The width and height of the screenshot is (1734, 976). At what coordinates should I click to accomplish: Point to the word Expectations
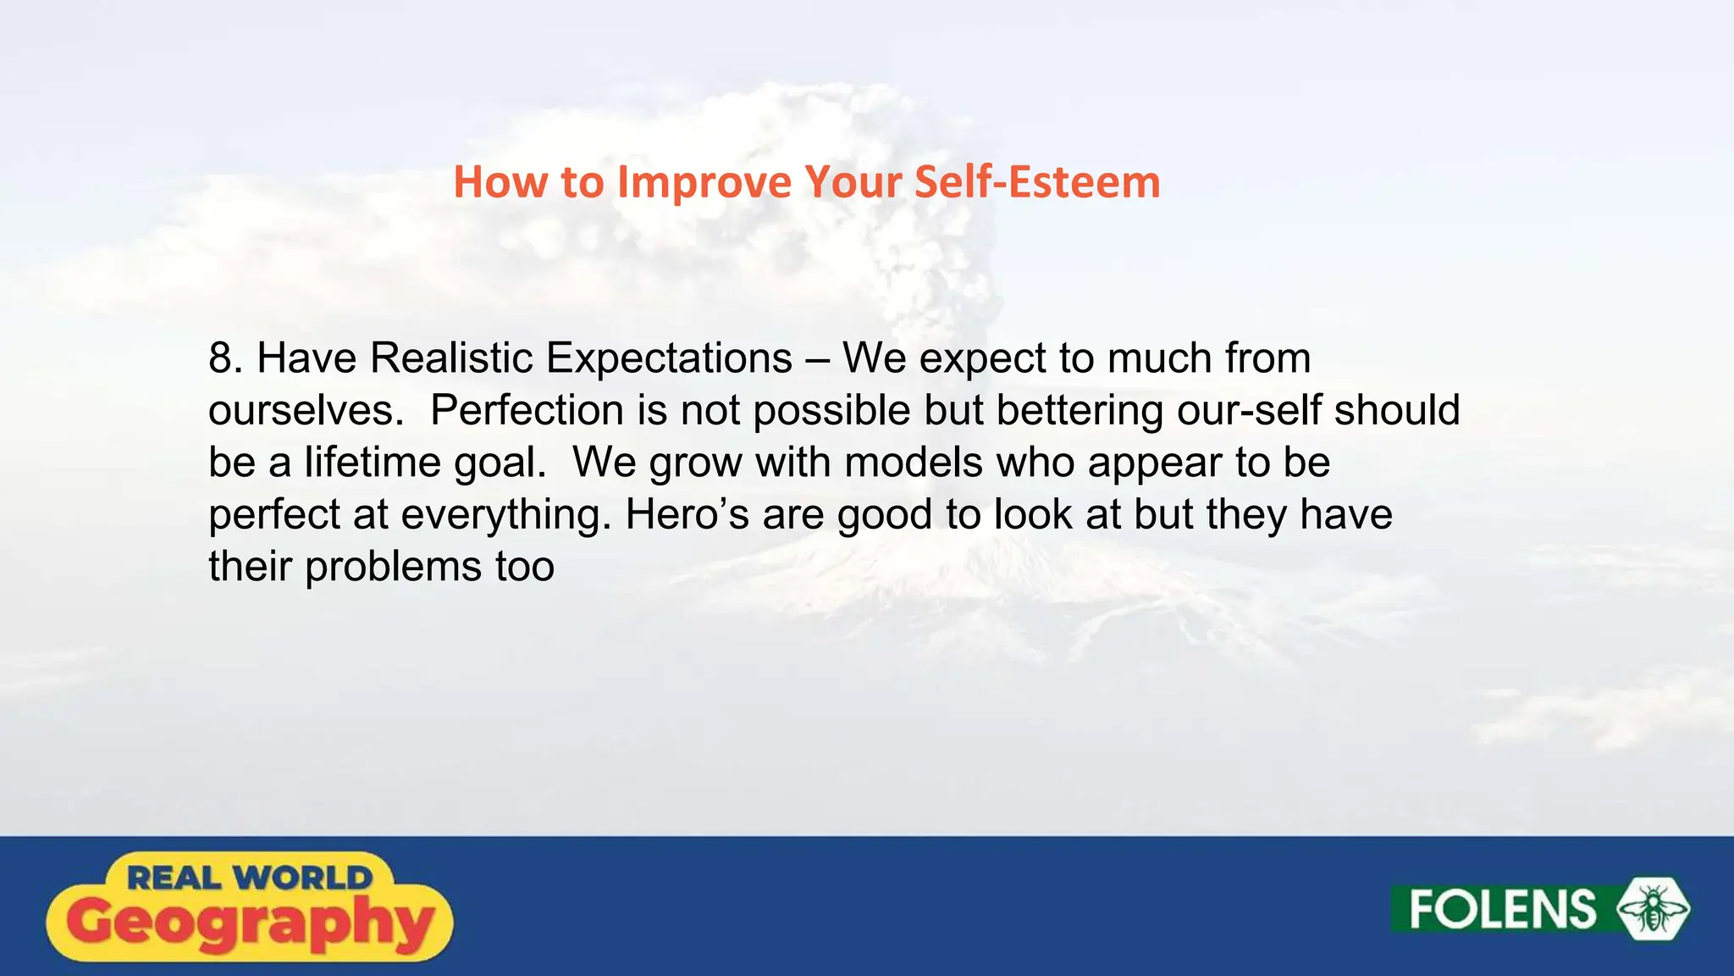(669, 358)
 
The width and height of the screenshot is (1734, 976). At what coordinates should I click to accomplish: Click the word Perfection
(527, 411)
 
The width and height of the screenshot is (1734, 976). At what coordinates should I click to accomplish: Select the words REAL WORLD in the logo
(249, 878)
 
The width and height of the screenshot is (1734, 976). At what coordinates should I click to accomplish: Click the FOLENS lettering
(1502, 910)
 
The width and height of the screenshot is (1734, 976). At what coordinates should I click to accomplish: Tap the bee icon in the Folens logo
(1653, 909)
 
